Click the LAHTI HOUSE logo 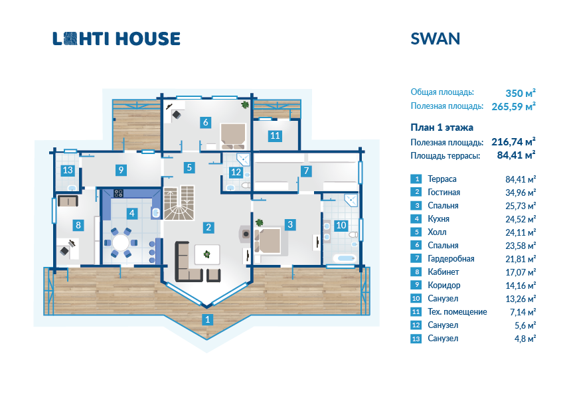(116, 39)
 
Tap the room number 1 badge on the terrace (208, 319)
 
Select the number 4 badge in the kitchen (132, 213)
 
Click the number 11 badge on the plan (274, 136)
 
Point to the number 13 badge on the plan (67, 171)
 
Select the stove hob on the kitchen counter (119, 193)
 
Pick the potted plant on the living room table (207, 253)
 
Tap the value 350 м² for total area (521, 92)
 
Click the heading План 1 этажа (442, 127)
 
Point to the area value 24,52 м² (521, 219)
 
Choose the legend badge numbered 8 (416, 272)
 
